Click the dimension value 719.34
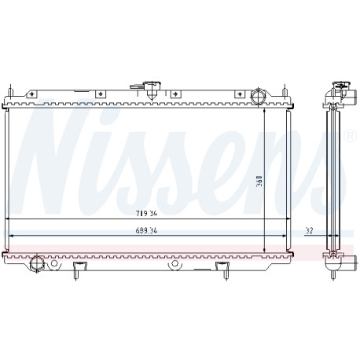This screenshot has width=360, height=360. [146, 214]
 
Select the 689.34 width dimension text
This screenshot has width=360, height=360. [146, 230]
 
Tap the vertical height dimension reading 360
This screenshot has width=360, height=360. [259, 181]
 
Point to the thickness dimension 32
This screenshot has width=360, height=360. [309, 230]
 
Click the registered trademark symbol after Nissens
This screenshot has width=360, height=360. [351, 135]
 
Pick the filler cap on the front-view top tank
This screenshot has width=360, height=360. [152, 90]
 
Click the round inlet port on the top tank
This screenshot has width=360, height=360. [258, 96]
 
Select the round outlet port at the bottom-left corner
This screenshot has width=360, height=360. [36, 264]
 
